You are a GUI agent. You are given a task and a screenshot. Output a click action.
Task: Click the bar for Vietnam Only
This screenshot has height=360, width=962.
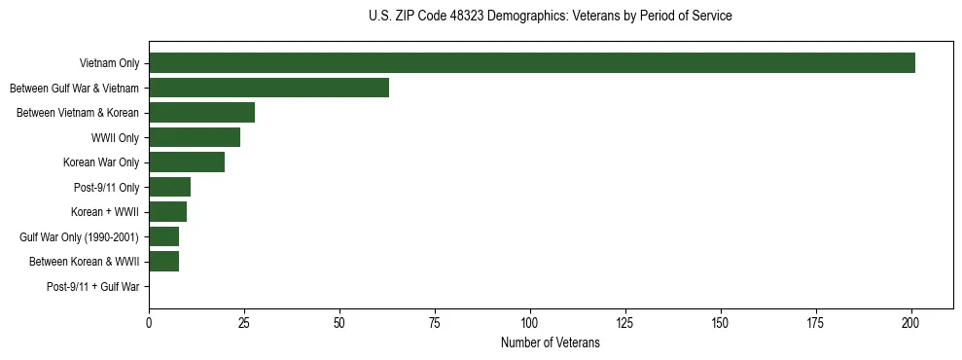pyautogui.click(x=532, y=63)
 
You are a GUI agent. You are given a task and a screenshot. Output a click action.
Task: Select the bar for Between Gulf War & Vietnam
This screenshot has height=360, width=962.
pyautogui.click(x=268, y=88)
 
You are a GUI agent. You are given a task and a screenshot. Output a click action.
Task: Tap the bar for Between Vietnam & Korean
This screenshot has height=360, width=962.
pyautogui.click(x=201, y=113)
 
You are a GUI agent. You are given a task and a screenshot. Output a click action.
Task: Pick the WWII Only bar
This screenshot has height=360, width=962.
pyautogui.click(x=195, y=137)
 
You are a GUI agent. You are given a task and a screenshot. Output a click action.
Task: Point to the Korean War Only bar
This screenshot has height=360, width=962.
pyautogui.click(x=187, y=162)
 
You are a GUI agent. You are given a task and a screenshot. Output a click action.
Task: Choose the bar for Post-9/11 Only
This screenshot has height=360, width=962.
pyautogui.click(x=169, y=187)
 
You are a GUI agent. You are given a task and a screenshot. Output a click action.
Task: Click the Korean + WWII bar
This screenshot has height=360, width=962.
pyautogui.click(x=167, y=212)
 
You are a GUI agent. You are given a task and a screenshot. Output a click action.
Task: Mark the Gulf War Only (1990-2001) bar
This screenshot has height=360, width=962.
pyautogui.click(x=163, y=236)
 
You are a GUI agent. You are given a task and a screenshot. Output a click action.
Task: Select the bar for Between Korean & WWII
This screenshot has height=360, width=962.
pyautogui.click(x=163, y=262)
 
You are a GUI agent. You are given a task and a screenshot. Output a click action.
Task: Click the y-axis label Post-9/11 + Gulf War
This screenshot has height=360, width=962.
pyautogui.click(x=93, y=287)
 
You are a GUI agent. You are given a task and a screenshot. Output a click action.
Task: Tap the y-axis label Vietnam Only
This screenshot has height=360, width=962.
pyautogui.click(x=109, y=63)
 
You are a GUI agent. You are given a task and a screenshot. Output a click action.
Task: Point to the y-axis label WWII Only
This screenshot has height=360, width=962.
pyautogui.click(x=115, y=137)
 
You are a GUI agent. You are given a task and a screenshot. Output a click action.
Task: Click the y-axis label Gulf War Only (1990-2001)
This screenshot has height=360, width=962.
pyautogui.click(x=80, y=236)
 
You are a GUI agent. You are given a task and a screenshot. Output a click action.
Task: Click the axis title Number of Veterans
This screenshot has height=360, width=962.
pyautogui.click(x=550, y=343)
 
